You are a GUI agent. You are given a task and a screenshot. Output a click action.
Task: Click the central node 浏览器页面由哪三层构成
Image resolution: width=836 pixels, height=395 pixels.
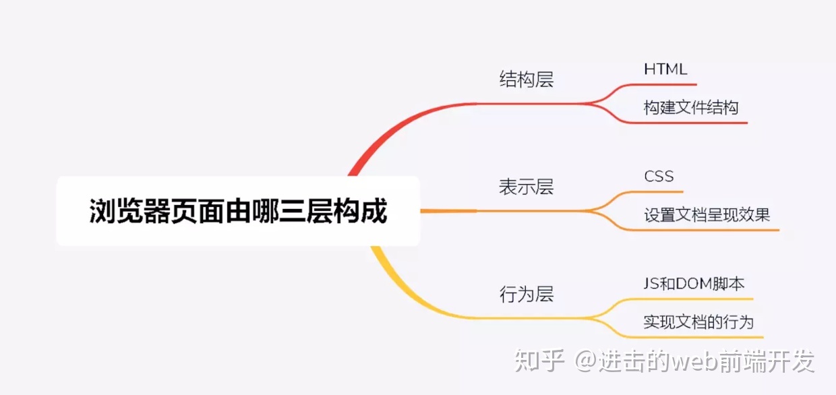238,211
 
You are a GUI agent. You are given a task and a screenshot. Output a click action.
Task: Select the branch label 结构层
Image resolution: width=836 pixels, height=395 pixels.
527,79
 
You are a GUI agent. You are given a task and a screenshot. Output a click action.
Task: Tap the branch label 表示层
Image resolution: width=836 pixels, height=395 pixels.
527,187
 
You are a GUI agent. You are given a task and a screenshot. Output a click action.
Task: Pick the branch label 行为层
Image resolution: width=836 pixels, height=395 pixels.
527,294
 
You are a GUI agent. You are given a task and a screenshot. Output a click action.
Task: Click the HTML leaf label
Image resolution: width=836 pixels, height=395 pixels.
665,69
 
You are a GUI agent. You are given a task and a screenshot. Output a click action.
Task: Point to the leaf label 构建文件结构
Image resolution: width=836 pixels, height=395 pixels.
691,107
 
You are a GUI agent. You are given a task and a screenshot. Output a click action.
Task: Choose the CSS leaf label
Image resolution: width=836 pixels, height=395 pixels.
659,176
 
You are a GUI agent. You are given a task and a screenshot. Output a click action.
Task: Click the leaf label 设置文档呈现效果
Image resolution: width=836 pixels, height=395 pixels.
707,215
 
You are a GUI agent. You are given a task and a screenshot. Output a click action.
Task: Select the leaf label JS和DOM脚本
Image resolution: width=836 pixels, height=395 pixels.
694,284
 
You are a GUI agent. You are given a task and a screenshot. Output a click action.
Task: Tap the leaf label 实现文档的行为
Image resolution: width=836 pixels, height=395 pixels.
698,322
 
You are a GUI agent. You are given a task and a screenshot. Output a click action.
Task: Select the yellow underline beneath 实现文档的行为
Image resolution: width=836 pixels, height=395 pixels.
695,337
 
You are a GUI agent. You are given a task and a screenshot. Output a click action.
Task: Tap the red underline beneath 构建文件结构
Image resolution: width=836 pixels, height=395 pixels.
688,122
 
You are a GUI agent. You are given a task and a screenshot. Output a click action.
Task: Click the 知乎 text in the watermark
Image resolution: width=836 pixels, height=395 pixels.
539,361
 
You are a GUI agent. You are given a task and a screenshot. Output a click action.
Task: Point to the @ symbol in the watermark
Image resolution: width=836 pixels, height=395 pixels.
587,361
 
